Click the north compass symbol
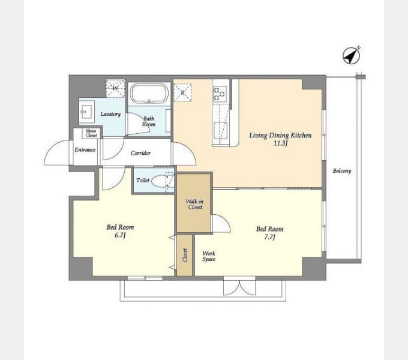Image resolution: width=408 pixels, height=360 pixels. click(x=351, y=56)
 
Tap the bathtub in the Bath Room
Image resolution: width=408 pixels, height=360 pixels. click(x=149, y=94)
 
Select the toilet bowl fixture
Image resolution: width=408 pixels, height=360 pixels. click(x=159, y=181)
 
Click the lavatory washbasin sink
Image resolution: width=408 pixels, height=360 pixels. click(x=86, y=112)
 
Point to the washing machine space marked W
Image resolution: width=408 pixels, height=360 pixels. click(x=115, y=88)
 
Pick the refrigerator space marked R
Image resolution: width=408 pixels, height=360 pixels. click(x=182, y=92)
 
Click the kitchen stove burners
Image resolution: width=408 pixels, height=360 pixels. click(x=220, y=94)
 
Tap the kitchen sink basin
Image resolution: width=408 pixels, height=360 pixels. click(x=221, y=131)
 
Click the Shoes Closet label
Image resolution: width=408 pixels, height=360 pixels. click(x=91, y=133)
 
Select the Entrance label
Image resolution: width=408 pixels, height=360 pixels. click(x=85, y=150)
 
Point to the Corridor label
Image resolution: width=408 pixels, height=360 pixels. click(x=140, y=153)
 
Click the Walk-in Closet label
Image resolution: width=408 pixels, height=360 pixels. click(x=195, y=204)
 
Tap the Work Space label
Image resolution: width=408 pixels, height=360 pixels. click(x=209, y=256)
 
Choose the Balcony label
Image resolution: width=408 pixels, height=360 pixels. click(x=342, y=171)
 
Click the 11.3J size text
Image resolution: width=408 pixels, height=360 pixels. click(x=280, y=143)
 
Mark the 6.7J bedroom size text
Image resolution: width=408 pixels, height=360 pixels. click(x=120, y=235)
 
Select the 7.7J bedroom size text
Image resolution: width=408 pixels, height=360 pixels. click(x=269, y=237)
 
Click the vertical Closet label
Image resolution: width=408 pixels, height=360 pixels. click(x=185, y=255)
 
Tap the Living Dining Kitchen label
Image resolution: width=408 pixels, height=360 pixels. click(x=281, y=136)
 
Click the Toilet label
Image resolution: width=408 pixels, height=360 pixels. click(x=143, y=180)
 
